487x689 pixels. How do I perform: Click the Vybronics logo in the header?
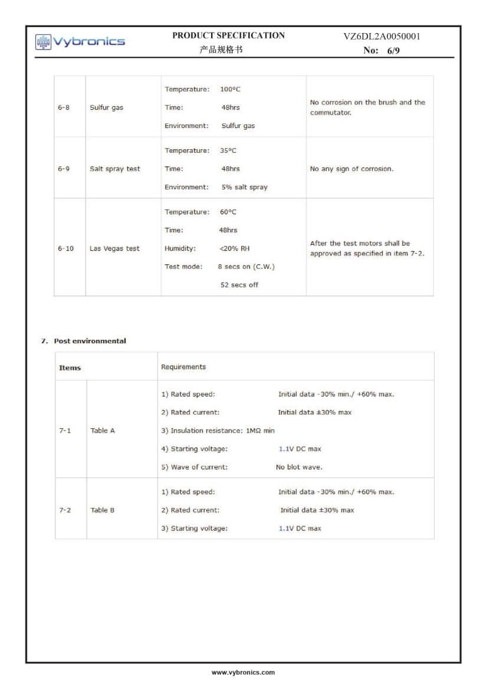coord(80,41)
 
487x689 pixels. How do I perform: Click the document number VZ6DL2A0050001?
coord(381,37)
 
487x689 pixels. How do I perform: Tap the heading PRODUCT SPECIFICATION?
coord(228,35)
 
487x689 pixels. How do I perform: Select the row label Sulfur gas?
coord(106,108)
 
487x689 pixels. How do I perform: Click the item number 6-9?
coord(64,169)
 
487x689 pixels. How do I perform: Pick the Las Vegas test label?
coord(114,248)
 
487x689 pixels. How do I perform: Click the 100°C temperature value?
coord(230,89)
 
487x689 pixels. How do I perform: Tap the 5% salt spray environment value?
coord(244,187)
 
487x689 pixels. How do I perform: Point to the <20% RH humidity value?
coord(234,248)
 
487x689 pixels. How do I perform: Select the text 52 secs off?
coord(239,285)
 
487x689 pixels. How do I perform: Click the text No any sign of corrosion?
coord(351,169)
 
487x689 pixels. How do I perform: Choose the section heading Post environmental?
coord(90,341)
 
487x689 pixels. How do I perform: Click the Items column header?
coord(70,368)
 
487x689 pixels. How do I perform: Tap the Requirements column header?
coord(183,367)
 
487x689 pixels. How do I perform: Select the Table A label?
coord(103,431)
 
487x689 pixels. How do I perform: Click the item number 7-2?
coord(65,510)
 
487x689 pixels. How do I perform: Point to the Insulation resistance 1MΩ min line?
coord(218,431)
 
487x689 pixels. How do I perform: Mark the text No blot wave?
coord(299,467)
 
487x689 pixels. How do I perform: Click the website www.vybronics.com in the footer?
coord(243,672)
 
